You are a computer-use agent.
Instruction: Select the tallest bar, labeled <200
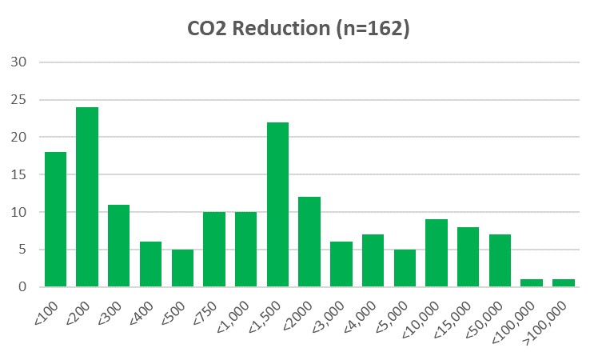(87, 197)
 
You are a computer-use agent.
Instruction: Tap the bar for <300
(119, 246)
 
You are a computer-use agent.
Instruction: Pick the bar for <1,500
(277, 204)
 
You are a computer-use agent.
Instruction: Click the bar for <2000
(309, 242)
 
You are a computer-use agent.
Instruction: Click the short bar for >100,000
(564, 282)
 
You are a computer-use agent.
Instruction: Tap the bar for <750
(214, 249)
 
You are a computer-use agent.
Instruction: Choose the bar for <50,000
(500, 260)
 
